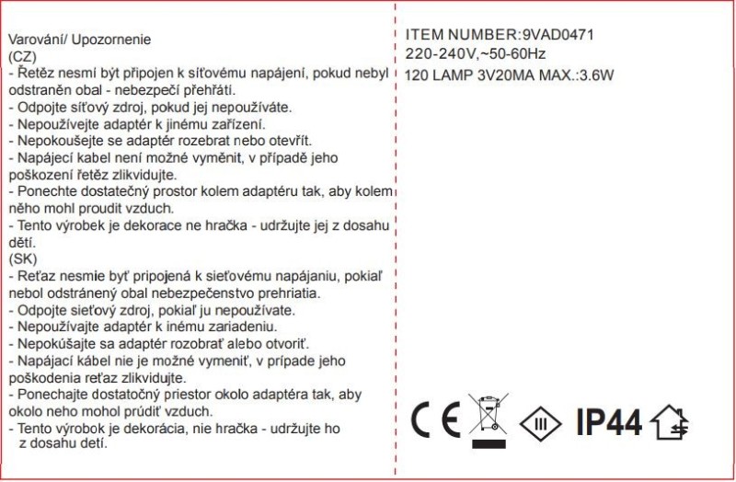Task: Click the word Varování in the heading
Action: coord(35,40)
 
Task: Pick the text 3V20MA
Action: coord(506,75)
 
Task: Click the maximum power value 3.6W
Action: coord(594,75)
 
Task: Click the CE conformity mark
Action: coord(436,421)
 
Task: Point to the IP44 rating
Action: coord(607,422)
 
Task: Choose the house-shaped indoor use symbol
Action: coord(669,422)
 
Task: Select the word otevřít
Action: coord(286,141)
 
